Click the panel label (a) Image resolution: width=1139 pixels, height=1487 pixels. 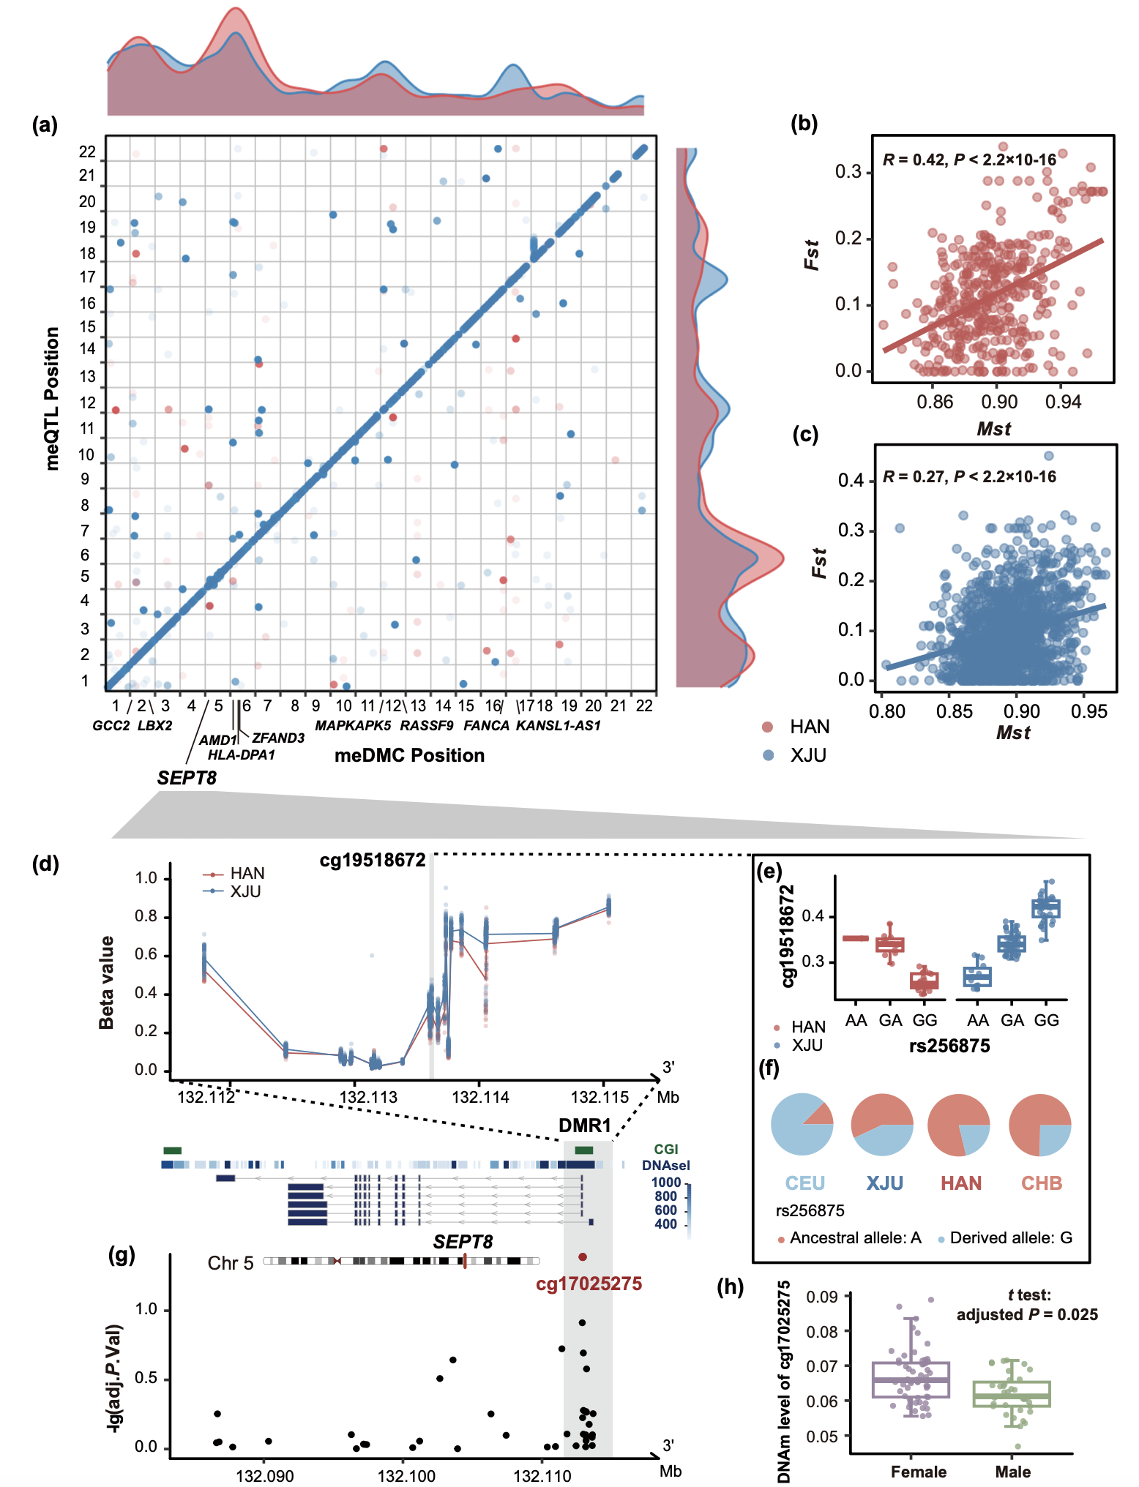coord(45,125)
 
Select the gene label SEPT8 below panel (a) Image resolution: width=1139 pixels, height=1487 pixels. coord(187,778)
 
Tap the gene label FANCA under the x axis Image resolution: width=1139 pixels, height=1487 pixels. coord(486,726)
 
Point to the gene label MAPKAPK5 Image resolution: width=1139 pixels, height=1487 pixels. coord(353,726)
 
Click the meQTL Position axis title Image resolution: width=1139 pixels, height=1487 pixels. coord(52,398)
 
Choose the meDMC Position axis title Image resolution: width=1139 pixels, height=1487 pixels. coord(409,755)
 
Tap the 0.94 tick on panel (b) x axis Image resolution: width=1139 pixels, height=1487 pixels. coord(1062,402)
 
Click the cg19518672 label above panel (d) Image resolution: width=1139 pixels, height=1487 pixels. coord(373,861)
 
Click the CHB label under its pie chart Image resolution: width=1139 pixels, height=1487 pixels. coord(1041,1183)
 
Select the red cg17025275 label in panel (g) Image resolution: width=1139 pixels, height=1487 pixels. coord(589,1284)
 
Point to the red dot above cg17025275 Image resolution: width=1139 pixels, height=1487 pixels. coord(582,1257)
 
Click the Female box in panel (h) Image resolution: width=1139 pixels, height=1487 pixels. coord(911,1380)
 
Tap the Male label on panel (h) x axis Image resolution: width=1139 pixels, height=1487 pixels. coord(1012,1472)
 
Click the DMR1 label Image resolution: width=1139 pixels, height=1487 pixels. coord(584,1126)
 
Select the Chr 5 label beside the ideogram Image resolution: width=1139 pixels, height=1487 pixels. coord(231,1264)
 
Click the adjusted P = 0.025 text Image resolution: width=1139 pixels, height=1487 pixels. coord(1027,1314)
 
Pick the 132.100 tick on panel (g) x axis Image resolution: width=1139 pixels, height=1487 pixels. coord(406,1476)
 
